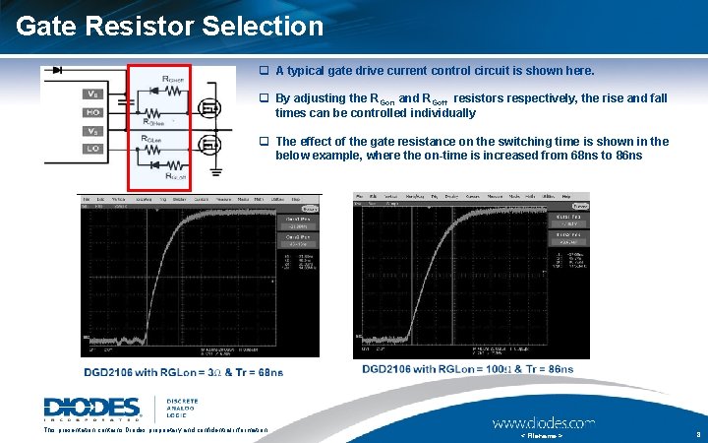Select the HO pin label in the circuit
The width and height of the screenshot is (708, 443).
[92, 113]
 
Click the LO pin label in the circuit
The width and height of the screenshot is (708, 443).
[92, 149]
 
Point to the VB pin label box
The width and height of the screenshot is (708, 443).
[92, 95]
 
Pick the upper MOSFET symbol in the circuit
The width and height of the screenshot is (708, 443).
[207, 106]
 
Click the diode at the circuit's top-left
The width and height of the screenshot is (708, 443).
[59, 71]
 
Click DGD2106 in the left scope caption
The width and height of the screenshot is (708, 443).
[115, 371]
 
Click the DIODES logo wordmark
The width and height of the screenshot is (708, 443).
[92, 408]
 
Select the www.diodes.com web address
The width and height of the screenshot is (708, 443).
[543, 422]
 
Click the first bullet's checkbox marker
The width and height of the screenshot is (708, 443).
[264, 71]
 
